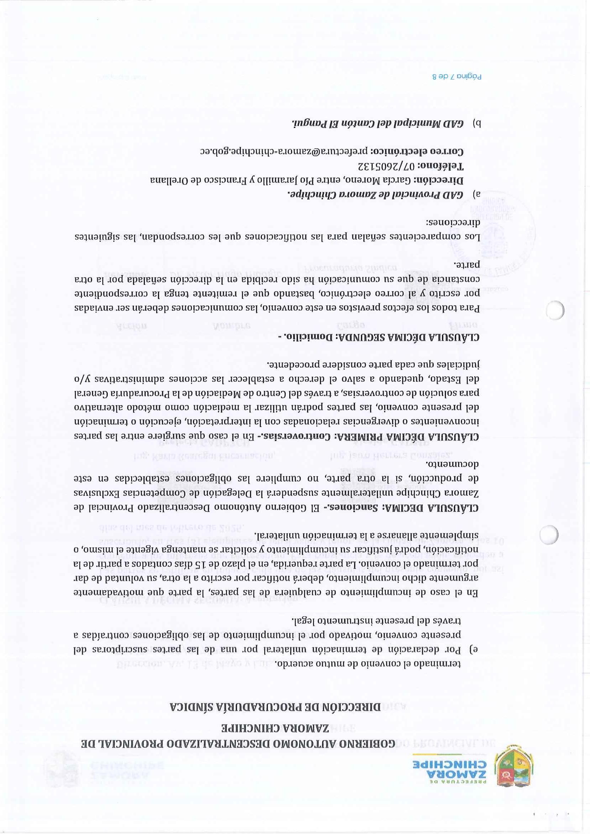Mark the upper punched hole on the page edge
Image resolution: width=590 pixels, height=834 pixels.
[556, 311]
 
